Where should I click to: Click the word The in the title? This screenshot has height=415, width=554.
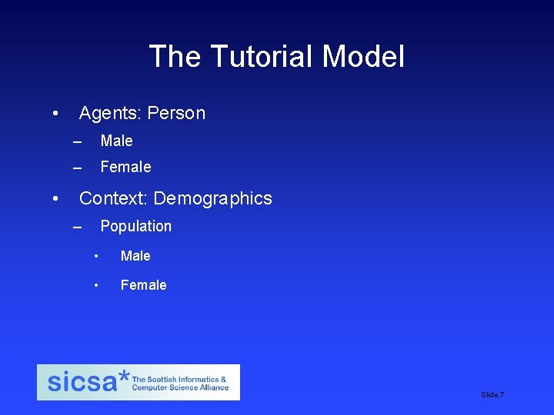174,57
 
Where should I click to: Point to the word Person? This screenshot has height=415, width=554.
176,114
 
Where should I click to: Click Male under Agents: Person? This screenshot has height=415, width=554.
116,141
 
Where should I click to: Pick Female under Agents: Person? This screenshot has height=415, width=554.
125,167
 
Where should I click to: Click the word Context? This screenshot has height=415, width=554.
113,198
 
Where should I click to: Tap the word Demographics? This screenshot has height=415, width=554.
212,198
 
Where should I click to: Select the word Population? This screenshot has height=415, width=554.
135,226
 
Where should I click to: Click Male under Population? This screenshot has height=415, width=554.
135,256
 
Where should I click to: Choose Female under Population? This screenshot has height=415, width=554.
143,285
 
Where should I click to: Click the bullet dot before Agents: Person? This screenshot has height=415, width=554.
55,114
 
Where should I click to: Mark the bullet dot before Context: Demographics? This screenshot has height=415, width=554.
55,198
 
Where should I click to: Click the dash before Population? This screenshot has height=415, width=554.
76,227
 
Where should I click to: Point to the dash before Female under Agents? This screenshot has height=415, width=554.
76,168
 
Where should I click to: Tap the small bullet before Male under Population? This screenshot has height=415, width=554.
96,256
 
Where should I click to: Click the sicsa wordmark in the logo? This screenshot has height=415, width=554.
82,382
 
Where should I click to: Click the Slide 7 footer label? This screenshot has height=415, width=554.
492,394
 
